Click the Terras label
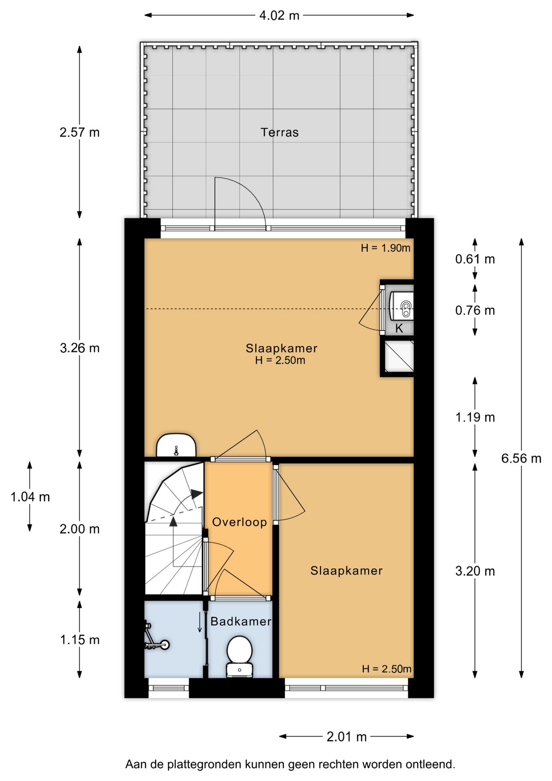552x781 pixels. tap(279, 132)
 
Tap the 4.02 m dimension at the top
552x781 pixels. tap(279, 15)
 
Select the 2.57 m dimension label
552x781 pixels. tap(80, 132)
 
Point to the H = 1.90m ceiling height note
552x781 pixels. tap(385, 248)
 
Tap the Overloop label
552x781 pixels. tap(239, 522)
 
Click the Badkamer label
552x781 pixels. tap(241, 621)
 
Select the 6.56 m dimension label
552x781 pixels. tap(521, 458)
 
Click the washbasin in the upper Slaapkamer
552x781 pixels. tap(176, 445)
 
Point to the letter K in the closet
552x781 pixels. tap(399, 328)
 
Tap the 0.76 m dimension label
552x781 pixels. tap(475, 310)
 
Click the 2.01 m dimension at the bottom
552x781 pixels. tap(346, 737)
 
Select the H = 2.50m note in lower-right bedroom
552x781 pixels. tap(387, 669)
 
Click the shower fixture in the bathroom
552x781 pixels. tap(156, 636)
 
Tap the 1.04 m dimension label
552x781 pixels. tap(30, 497)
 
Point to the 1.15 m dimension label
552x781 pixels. tap(80, 640)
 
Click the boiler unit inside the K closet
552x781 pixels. tap(402, 306)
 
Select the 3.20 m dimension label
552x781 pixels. tap(475, 571)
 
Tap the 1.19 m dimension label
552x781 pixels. tap(475, 417)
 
